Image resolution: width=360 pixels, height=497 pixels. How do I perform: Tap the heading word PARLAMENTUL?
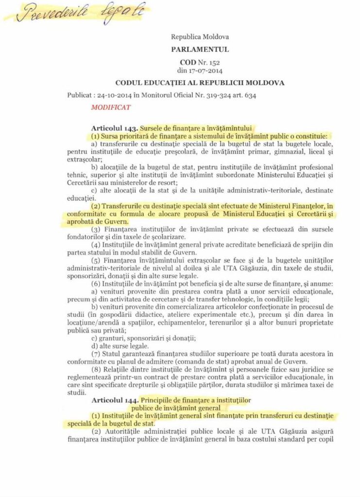click(x=200, y=49)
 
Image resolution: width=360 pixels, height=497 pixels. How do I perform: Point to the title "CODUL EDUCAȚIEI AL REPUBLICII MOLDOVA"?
click(x=200, y=83)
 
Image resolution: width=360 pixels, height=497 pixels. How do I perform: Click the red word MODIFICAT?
click(x=111, y=107)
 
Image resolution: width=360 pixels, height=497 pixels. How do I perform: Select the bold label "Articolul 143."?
click(x=115, y=129)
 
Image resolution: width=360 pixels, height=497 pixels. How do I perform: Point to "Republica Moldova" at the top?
click(x=200, y=36)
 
